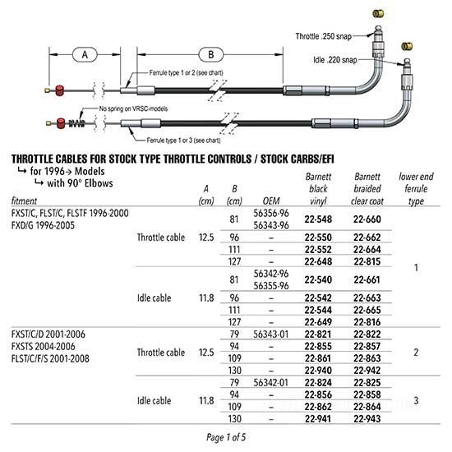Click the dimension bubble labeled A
click(x=85, y=54)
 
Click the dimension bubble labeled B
click(x=210, y=54)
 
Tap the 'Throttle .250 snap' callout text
click(x=324, y=36)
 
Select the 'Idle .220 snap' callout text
click(x=335, y=60)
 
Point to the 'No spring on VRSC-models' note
click(x=133, y=108)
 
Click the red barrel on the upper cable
click(x=60, y=90)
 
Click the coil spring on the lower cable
click(x=76, y=123)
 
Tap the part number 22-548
click(x=318, y=219)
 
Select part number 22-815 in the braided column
click(x=367, y=261)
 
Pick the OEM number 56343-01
click(x=270, y=334)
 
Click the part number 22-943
click(x=367, y=418)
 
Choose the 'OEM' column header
click(x=271, y=201)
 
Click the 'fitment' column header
click(x=24, y=201)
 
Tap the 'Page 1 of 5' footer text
click(x=226, y=437)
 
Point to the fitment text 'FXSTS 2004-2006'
click(x=44, y=346)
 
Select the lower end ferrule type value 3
click(x=416, y=400)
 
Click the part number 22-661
click(x=367, y=279)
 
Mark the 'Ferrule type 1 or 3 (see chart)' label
click(x=183, y=141)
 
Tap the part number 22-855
click(x=318, y=346)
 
